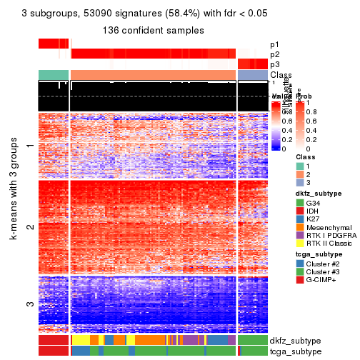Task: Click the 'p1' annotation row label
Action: pyautogui.click(x=275, y=44)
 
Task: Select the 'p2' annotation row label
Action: pyautogui.click(x=275, y=54)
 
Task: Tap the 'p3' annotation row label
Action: pyautogui.click(x=275, y=64)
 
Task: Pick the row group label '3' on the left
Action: pyautogui.click(x=30, y=304)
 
